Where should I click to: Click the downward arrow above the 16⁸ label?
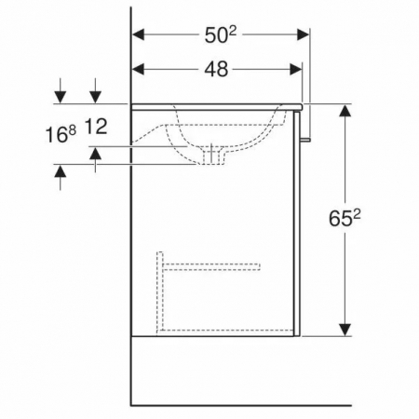click(x=61, y=95)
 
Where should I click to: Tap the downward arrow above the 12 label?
click(x=95, y=95)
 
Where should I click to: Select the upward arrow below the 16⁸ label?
click(x=61, y=173)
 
